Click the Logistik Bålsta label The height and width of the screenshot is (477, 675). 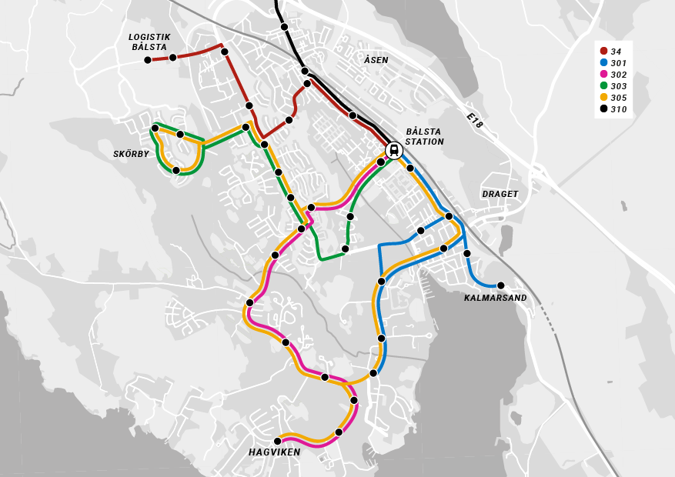149,42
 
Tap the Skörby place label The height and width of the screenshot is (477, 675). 131,154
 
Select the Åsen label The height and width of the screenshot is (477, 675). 376,60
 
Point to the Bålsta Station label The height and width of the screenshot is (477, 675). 424,136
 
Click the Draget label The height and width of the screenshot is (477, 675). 500,194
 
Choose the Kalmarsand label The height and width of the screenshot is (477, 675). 495,298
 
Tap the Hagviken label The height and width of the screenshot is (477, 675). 274,452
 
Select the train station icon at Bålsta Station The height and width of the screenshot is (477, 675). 394,150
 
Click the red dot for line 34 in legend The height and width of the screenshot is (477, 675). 604,51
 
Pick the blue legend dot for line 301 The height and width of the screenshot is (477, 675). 604,62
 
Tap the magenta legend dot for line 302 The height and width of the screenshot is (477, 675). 604,74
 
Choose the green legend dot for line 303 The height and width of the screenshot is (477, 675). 604,85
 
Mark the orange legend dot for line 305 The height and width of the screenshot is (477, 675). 604,97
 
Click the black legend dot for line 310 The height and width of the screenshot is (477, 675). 604,108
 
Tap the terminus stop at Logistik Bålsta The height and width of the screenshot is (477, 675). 148,60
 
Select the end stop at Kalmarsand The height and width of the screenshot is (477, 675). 500,285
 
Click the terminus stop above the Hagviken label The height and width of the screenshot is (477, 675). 278,441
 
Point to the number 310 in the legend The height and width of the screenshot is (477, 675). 619,109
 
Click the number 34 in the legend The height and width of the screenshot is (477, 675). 616,52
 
